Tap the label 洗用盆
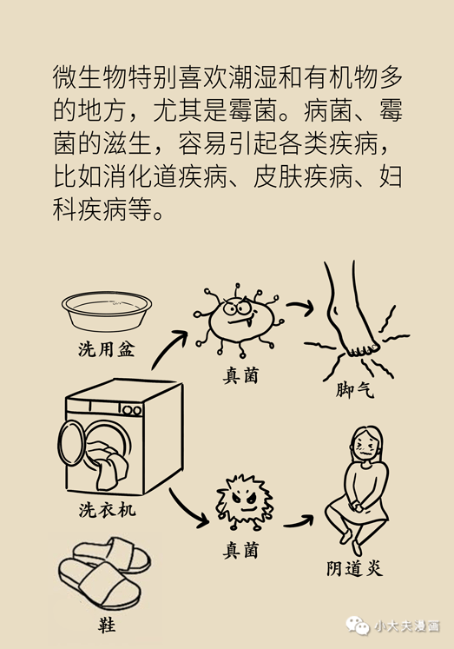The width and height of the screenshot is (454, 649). [107, 350]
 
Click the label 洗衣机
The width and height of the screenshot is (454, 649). [107, 510]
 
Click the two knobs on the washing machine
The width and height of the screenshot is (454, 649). [132, 411]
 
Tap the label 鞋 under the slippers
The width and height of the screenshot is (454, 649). [107, 625]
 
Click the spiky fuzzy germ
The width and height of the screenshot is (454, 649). [245, 502]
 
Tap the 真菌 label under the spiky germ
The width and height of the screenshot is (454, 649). [240, 551]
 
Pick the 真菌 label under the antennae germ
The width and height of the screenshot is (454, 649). [240, 376]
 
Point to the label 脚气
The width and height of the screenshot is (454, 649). [354, 390]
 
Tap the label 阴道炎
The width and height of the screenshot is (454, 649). [354, 569]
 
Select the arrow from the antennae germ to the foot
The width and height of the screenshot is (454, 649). [300, 307]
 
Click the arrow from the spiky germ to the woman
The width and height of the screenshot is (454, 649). [299, 522]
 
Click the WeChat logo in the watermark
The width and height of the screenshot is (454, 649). [358, 626]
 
